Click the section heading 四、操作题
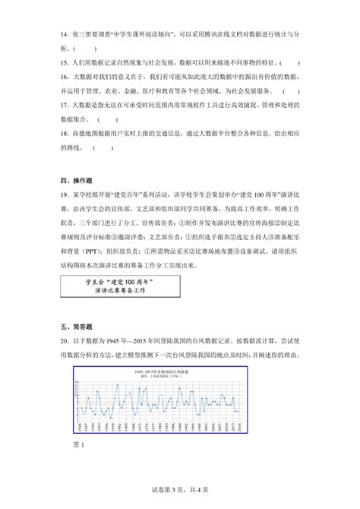(x=76, y=180)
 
